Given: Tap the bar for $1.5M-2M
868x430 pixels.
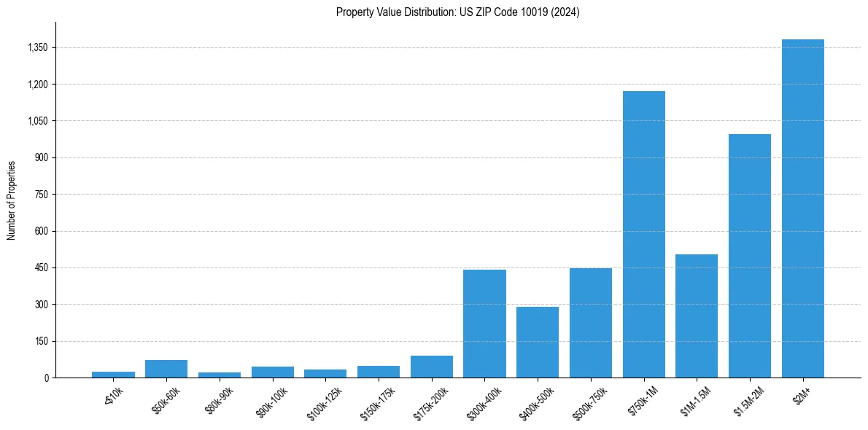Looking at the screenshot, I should [x=750, y=256].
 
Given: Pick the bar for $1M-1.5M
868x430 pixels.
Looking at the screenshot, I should [x=697, y=316].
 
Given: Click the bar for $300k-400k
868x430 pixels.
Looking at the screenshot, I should [x=484, y=324].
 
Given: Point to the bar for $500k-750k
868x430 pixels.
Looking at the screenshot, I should [x=591, y=323].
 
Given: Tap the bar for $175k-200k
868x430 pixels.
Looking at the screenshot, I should [x=431, y=367].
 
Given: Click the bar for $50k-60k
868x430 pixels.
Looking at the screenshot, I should [x=166, y=369].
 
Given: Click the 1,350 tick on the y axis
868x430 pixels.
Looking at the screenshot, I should [x=36, y=48].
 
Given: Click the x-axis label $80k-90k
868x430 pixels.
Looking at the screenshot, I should [x=220, y=399].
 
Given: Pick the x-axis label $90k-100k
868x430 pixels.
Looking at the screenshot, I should [x=272, y=400].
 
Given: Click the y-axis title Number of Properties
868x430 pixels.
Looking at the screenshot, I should [x=12, y=200].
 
